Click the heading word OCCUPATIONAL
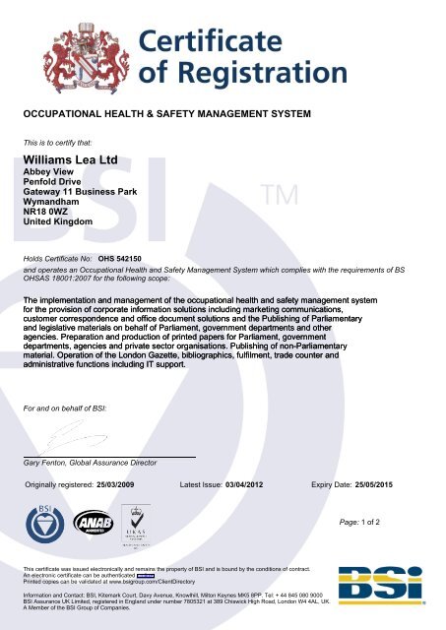(63, 116)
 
